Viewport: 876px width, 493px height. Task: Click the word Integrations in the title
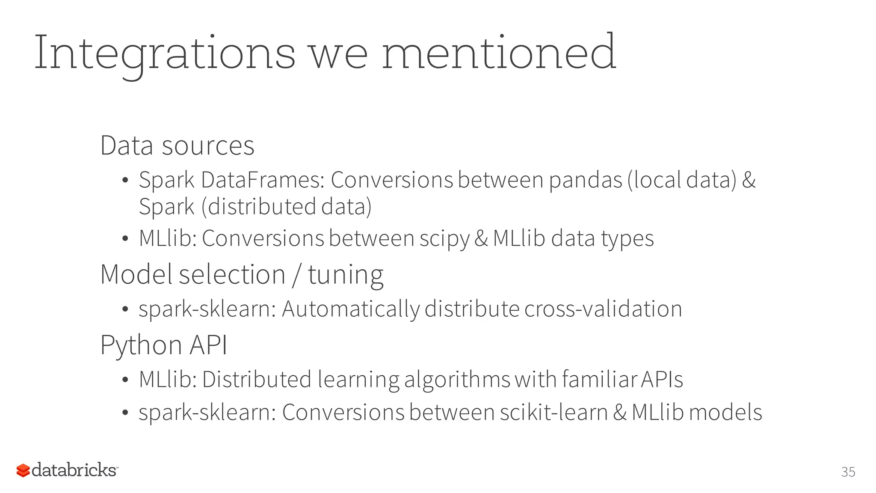point(164,53)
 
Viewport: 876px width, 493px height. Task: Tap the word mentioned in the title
point(498,53)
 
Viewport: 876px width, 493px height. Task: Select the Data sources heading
point(177,146)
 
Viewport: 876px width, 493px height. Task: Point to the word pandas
point(585,180)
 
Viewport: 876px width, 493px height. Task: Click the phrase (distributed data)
point(286,207)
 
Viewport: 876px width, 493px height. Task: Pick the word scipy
point(444,239)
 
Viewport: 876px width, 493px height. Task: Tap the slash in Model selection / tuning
point(296,275)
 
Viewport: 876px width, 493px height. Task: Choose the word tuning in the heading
point(346,275)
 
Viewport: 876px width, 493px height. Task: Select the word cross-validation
point(603,309)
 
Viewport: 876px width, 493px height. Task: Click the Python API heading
point(163,345)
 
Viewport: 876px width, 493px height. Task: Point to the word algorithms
point(457,380)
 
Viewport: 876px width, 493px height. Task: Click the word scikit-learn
point(553,413)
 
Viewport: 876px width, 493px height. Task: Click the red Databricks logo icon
point(23,470)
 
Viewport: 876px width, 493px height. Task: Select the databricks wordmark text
point(74,470)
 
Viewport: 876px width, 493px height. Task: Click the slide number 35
point(848,472)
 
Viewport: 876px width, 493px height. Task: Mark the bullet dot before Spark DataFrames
point(125,181)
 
